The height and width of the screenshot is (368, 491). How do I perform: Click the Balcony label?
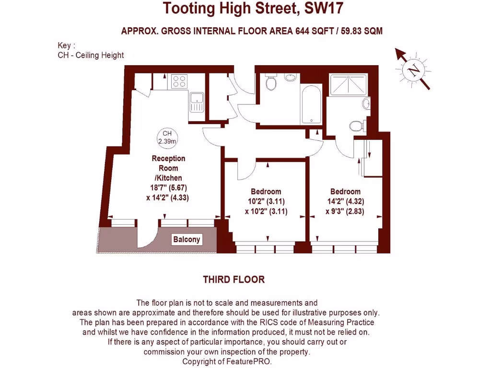point(187,240)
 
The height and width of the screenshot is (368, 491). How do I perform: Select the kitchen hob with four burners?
point(180,81)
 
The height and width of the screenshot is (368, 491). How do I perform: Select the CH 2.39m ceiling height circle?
point(167,138)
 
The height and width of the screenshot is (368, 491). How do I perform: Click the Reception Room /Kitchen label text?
point(168,168)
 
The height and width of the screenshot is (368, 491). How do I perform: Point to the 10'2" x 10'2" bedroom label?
point(266,201)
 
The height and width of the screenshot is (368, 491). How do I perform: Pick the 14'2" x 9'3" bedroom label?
point(345,201)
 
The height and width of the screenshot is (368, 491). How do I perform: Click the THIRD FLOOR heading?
point(234,279)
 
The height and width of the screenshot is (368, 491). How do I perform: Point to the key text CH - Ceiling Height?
point(91,55)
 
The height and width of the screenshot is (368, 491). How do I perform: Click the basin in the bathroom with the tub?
point(291,78)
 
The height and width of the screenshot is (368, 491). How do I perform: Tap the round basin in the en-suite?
point(366,103)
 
